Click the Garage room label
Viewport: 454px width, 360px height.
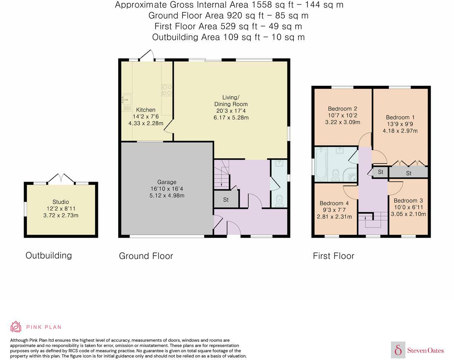coord(167,182)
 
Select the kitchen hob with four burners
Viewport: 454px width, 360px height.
coord(167,90)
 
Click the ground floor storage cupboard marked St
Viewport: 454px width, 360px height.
coord(226,200)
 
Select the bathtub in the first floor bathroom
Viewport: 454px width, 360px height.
coord(320,164)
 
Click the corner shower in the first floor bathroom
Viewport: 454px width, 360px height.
coord(351,174)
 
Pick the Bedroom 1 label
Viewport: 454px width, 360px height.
coord(400,117)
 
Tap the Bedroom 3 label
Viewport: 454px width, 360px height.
coord(408,201)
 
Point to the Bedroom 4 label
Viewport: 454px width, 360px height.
coord(334,203)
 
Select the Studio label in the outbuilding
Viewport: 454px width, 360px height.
coord(61,202)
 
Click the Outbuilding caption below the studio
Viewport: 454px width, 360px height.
coord(48,255)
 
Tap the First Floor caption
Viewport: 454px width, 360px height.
coord(334,256)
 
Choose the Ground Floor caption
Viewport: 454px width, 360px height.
coord(146,256)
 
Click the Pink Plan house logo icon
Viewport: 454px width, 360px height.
coord(16,326)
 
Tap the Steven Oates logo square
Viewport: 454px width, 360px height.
coord(398,350)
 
